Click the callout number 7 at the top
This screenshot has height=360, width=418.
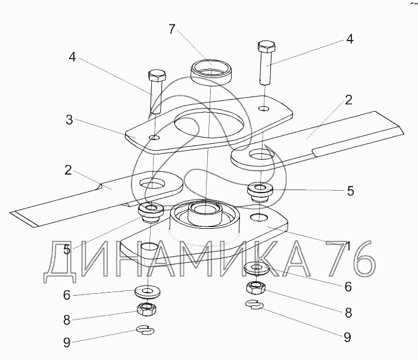[x=172, y=29]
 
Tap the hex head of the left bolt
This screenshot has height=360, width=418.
[x=157, y=76]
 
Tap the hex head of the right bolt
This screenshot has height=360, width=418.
[x=266, y=46]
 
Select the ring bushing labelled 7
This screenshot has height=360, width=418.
[x=211, y=72]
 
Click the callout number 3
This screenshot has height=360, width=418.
[x=69, y=120]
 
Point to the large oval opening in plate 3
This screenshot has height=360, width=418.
[x=209, y=124]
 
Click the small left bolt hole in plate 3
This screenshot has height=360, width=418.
[x=154, y=138]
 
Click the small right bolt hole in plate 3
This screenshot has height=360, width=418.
[x=264, y=108]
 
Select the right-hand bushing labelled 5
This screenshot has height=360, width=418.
[x=260, y=192]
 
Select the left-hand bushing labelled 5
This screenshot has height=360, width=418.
[x=151, y=212]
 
